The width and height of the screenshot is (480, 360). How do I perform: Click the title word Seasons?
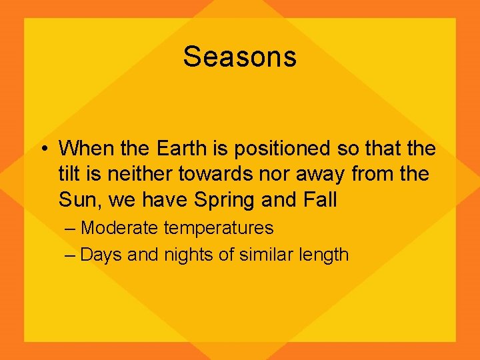pyautogui.click(x=239, y=57)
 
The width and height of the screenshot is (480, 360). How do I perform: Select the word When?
pyautogui.click(x=83, y=147)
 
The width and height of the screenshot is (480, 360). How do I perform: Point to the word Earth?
pyautogui.click(x=181, y=147)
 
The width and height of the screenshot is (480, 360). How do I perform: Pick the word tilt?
pyautogui.click(x=69, y=173)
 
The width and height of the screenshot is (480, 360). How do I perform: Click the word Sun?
pyautogui.click(x=75, y=199)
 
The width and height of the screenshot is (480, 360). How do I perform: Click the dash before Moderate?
pyautogui.click(x=71, y=229)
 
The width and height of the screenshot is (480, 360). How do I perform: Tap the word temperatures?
pyautogui.click(x=218, y=229)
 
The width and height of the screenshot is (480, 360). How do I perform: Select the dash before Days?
pyautogui.click(x=71, y=255)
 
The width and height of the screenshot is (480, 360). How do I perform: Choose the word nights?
pyautogui.click(x=184, y=255)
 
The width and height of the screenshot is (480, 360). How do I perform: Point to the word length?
pyautogui.click(x=324, y=255)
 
